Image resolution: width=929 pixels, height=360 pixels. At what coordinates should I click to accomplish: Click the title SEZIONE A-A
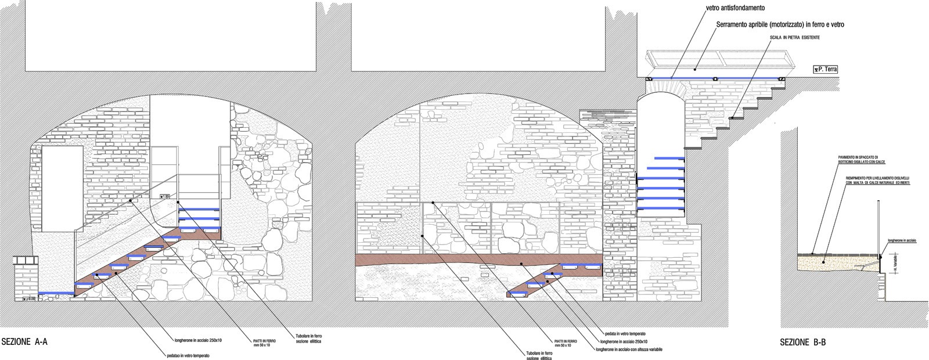pos(24,343)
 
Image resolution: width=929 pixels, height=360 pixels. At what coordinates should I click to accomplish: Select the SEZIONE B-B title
pos(802,343)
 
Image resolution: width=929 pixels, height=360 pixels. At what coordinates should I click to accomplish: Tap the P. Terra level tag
pos(825,70)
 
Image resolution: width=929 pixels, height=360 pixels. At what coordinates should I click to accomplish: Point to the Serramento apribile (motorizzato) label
pos(780,25)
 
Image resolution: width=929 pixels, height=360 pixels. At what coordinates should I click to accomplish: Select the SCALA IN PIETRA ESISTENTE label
pos(795,38)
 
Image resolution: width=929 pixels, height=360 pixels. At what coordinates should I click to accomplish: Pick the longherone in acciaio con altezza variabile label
pos(629,350)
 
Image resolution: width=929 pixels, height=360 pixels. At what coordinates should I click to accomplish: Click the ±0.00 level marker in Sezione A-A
pos(29,298)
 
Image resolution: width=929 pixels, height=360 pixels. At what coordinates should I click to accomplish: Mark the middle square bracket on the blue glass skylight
pos(716,78)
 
